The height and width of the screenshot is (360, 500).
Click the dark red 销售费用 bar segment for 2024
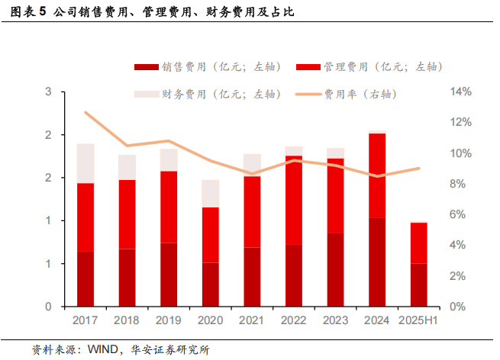(376, 262)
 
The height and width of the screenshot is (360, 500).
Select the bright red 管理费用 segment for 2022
(293, 200)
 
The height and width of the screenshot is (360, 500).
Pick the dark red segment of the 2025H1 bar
(418, 284)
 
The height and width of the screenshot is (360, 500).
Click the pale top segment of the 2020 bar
(210, 193)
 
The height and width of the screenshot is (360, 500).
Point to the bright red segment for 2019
(169, 207)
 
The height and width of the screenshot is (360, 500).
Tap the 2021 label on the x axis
(252, 321)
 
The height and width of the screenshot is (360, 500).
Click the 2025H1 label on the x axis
(418, 321)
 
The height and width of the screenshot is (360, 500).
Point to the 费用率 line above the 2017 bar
(85, 113)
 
